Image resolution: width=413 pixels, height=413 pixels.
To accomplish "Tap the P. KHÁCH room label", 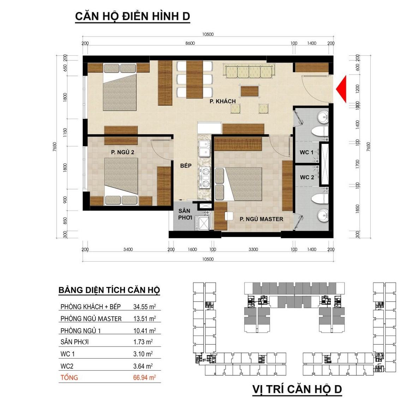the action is (223, 101).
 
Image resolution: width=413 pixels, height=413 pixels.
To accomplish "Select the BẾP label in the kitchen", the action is (186, 166).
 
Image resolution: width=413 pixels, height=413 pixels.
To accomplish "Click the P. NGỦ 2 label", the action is (122, 152).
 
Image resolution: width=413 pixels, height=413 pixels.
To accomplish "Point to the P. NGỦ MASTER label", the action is (261, 219).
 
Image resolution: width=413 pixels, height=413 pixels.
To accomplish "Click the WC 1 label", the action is (307, 152).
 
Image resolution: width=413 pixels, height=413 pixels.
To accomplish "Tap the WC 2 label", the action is (307, 177).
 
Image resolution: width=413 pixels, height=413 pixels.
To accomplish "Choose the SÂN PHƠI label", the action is (185, 214).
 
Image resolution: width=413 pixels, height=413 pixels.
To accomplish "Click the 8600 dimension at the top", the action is (190, 43).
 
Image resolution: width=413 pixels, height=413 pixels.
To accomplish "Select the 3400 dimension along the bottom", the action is (128, 249).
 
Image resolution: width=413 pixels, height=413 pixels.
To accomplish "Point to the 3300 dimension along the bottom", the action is (253, 249).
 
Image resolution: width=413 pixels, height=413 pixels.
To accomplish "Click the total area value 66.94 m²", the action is (144, 377).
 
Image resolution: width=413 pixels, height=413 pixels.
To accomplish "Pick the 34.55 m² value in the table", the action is (144, 307).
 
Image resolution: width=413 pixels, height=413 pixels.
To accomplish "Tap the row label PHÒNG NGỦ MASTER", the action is (91, 319).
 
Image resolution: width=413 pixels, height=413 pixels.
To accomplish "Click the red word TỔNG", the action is (69, 377).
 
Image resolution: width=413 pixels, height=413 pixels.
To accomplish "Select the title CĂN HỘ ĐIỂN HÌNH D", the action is (132, 16).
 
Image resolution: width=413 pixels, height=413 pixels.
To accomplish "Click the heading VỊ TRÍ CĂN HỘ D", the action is (297, 389).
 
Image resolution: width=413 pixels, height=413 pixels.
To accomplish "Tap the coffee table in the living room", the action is (249, 91).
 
